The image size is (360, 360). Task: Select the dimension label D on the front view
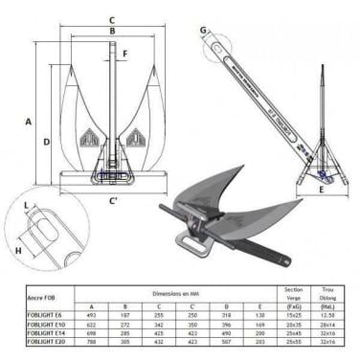47,142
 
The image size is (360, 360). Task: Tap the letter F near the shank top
124,55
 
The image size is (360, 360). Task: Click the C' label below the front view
114,199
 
